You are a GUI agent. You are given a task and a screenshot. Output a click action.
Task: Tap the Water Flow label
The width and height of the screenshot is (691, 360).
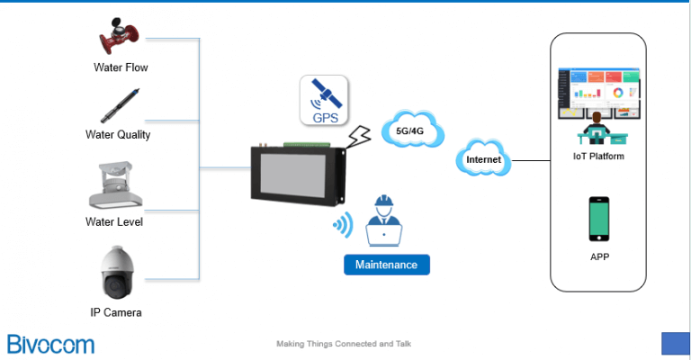pyautogui.click(x=121, y=67)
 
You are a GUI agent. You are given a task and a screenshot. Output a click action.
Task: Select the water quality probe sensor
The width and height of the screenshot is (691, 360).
pyautogui.click(x=119, y=107)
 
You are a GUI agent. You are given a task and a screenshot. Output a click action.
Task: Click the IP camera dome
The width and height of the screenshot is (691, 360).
pyautogui.click(x=121, y=274)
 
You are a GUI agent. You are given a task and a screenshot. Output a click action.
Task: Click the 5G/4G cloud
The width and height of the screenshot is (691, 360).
pyautogui.click(x=413, y=131)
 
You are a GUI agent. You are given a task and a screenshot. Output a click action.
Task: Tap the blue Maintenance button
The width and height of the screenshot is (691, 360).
pyautogui.click(x=386, y=265)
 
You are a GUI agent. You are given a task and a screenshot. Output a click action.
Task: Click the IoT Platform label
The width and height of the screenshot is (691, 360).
pyautogui.click(x=598, y=157)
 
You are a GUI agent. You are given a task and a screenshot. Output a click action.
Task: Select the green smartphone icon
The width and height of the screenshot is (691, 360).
pyautogui.click(x=598, y=220)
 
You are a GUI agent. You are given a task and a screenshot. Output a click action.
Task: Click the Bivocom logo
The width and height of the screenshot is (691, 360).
pyautogui.click(x=50, y=343)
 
